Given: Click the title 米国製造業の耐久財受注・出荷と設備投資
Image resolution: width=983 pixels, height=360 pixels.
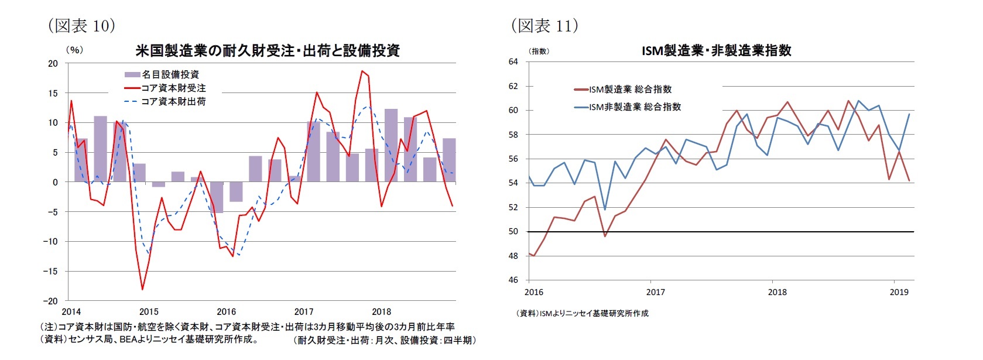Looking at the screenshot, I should coord(267,50).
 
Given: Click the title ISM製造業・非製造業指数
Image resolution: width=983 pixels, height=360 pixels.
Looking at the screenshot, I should coord(716,50).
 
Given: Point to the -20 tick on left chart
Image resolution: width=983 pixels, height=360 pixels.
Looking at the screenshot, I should coord(52,301).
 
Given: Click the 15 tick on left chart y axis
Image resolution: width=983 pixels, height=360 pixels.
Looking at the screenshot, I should coord(53,93).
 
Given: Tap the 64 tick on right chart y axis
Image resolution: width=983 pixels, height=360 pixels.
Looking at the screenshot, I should coord(513,61).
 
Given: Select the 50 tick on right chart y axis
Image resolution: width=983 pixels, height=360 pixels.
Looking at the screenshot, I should coord(513,232).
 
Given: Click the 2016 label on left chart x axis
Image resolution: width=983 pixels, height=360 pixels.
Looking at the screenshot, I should coord(226,312).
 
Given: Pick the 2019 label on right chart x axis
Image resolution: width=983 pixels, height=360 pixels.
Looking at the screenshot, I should coord(899,292).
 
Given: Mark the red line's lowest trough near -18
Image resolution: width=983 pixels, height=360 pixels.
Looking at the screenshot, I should coord(142,289).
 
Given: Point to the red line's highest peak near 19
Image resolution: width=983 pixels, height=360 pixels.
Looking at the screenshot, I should coord(362,71).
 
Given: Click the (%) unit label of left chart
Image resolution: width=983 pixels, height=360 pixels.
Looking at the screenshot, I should coord(74,50).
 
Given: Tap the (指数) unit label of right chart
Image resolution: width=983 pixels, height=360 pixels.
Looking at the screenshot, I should coord(539,52).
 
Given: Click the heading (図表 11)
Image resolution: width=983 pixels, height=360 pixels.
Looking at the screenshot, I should coord(544,25).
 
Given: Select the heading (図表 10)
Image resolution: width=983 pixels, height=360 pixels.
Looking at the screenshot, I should coord(81,25).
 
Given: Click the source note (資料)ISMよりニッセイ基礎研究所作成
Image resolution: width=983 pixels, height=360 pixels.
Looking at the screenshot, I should coord(582,313).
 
